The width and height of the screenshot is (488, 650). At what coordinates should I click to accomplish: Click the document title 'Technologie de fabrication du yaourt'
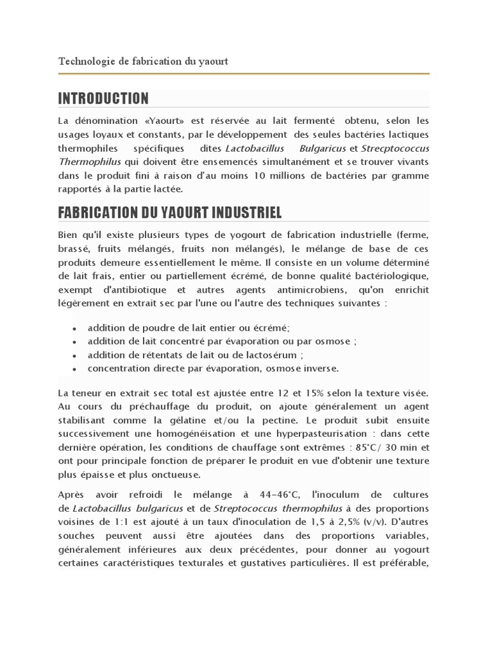point(143,62)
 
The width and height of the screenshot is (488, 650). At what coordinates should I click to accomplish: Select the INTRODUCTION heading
point(104,98)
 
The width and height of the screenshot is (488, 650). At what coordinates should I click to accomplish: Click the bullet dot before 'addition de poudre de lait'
point(74,328)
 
